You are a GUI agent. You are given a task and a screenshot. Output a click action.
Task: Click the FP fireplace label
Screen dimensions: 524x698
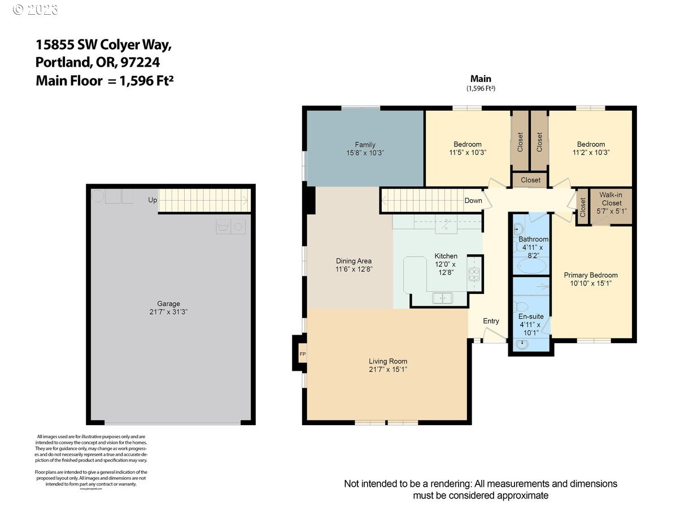[x=302, y=354]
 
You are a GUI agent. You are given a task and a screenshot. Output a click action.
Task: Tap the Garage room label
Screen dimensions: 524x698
[x=169, y=304]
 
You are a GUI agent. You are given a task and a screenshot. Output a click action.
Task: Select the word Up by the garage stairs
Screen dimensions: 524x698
[x=152, y=200]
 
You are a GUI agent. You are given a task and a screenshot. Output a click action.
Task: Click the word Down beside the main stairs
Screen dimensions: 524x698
[x=473, y=201]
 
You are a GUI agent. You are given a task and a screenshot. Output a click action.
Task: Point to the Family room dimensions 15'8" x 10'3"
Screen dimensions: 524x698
[x=365, y=153]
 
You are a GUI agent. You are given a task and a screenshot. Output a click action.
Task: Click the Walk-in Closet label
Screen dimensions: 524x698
[x=611, y=199]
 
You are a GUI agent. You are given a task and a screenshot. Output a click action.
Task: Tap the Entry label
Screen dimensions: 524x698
[x=491, y=321]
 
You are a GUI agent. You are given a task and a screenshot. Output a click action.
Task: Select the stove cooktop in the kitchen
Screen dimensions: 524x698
[x=474, y=275]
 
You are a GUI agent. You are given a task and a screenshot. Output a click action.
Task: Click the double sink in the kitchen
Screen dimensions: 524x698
[x=442, y=297]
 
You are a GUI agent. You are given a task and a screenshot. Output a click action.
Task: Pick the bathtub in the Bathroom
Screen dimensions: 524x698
[x=530, y=266]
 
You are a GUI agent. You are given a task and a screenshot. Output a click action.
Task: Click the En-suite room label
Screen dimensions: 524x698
[x=531, y=317]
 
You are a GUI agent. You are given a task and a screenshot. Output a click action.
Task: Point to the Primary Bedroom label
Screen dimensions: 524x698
[x=591, y=275]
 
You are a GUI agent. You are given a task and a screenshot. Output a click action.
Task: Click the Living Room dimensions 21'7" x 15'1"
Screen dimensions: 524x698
[x=388, y=369]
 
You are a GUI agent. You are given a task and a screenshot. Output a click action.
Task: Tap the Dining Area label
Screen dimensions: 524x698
[x=354, y=261]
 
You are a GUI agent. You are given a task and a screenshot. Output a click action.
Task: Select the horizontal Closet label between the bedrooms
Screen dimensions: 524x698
[x=530, y=180]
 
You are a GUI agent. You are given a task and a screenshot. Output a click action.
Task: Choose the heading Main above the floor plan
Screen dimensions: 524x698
[x=481, y=79]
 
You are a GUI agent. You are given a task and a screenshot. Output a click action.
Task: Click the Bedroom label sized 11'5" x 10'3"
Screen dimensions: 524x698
[x=468, y=144]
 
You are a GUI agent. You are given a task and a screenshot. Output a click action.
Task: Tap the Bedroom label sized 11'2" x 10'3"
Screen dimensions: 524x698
[x=591, y=144]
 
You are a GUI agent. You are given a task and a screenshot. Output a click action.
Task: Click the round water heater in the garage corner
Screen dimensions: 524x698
[x=98, y=196]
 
